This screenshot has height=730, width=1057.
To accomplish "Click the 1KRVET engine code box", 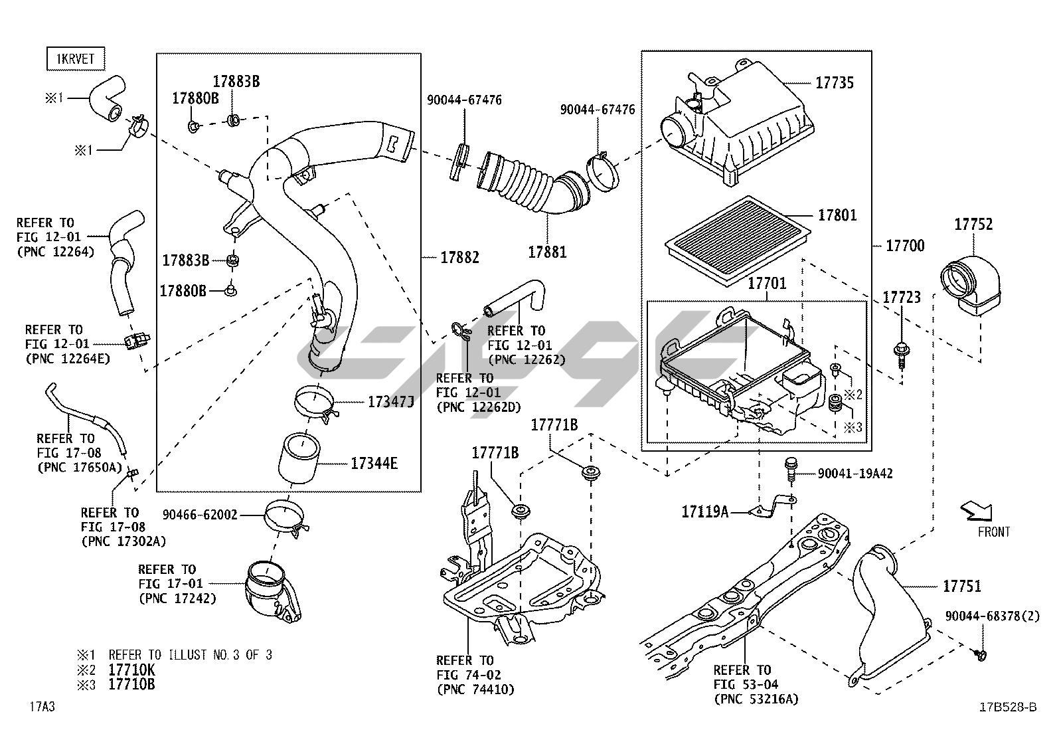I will click(76, 59).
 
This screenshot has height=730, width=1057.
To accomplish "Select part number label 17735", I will click(835, 83).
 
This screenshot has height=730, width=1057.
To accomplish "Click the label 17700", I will click(905, 246).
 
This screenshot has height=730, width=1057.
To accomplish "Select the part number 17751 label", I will click(961, 586).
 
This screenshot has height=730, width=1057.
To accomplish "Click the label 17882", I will click(459, 257).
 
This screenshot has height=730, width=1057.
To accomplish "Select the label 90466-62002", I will click(200, 514).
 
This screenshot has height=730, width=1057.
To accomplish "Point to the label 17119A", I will click(704, 511).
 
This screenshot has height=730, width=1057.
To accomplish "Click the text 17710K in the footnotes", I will click(131, 670).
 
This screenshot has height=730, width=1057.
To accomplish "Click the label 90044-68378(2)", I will click(992, 616).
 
